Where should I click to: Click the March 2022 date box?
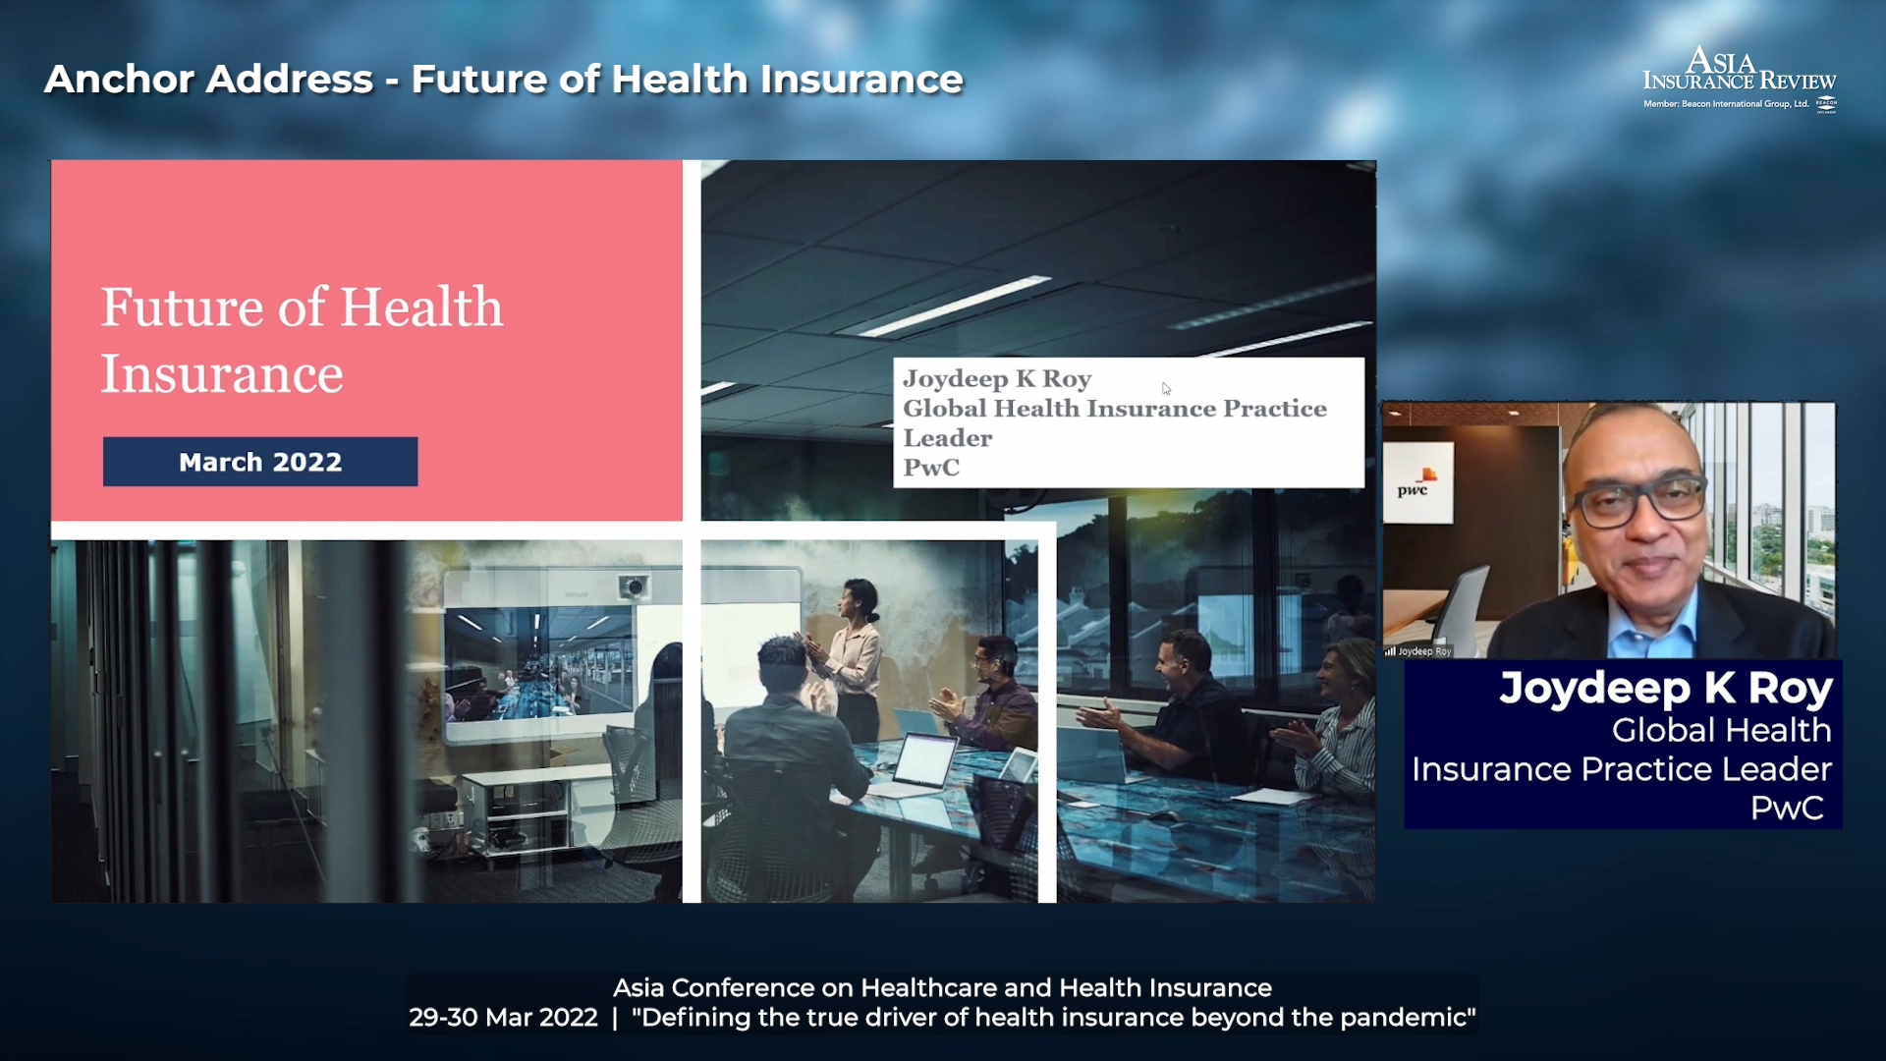pos(260,462)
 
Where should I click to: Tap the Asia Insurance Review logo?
pos(1740,80)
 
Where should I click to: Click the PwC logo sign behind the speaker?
pos(1417,482)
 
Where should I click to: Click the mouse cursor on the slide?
pos(1166,389)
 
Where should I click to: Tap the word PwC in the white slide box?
pos(931,468)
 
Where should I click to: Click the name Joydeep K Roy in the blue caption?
pos(1666,688)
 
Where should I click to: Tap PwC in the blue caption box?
pos(1787,808)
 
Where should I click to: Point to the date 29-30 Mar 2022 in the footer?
pos(503,1018)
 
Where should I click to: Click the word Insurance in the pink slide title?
pos(222,374)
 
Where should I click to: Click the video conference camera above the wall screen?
pos(634,587)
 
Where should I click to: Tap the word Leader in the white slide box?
pos(948,438)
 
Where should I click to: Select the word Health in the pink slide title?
pos(421,307)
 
